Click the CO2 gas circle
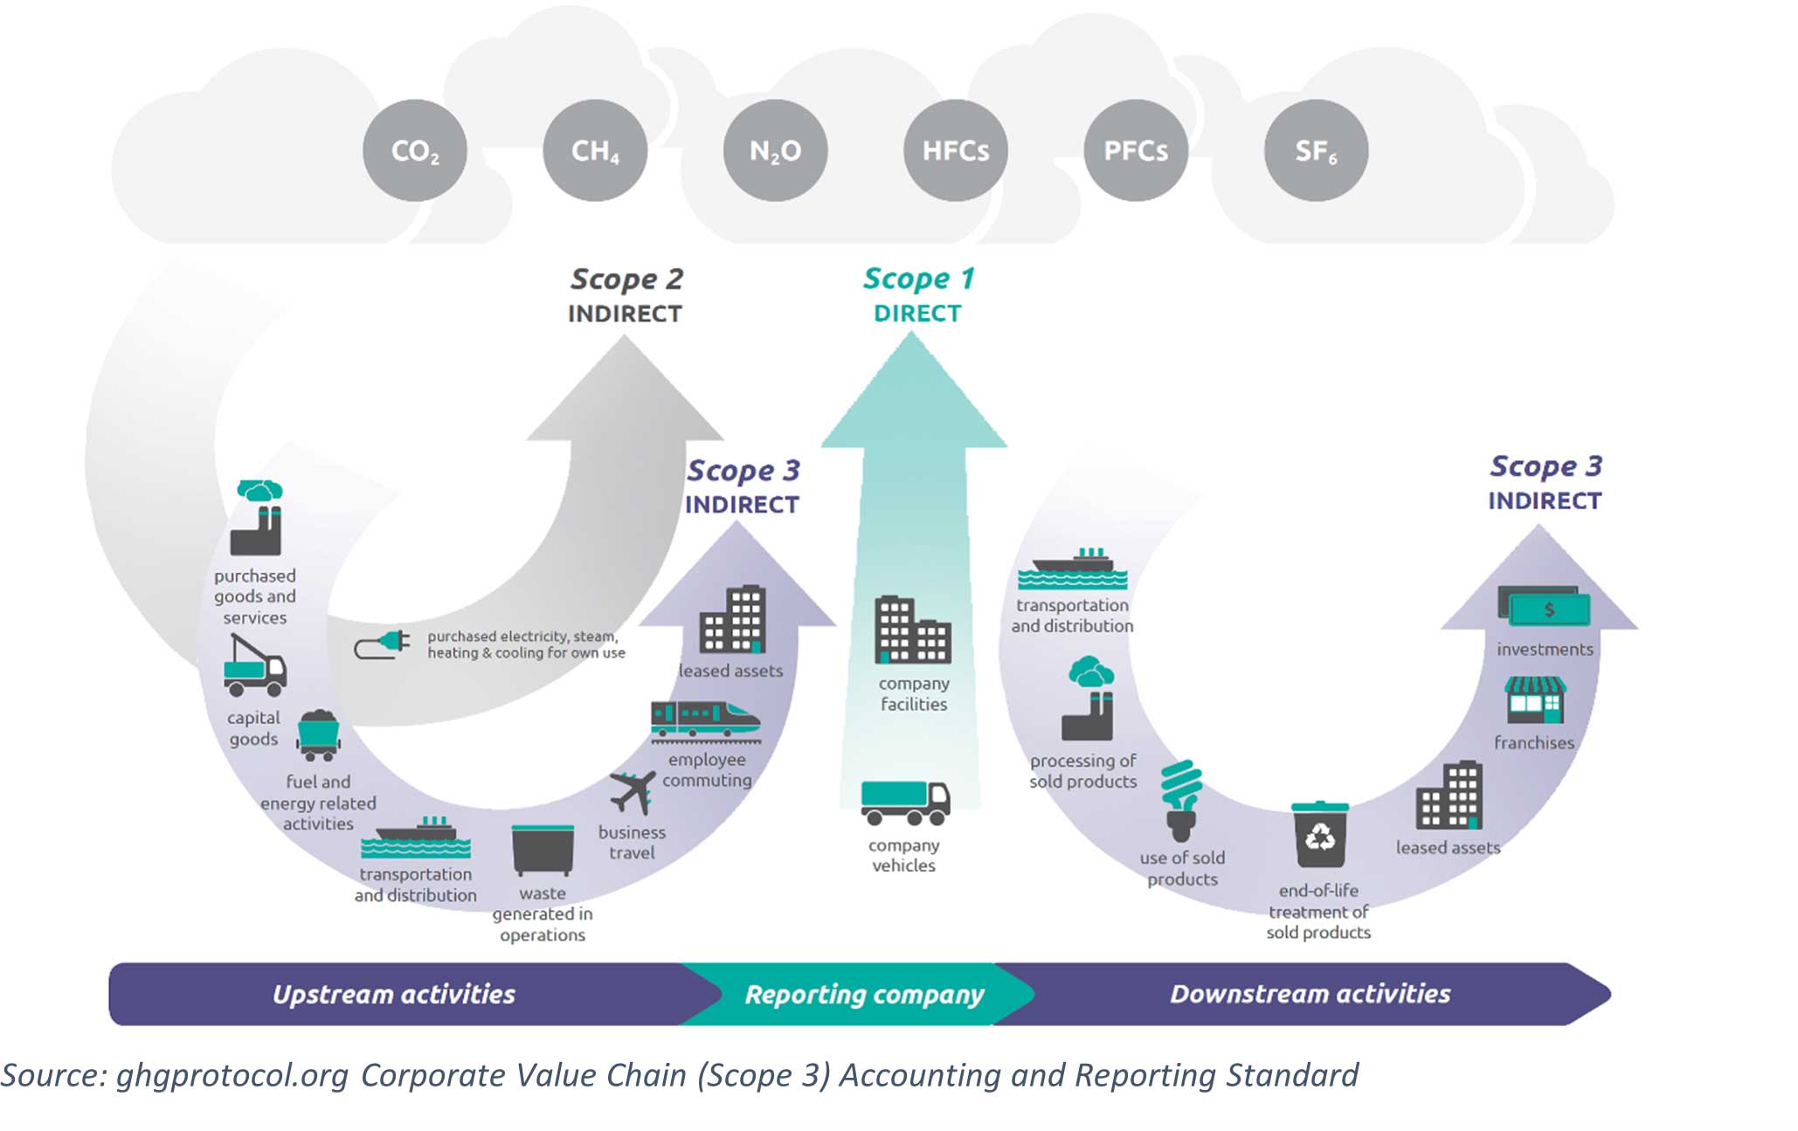415,150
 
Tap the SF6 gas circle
1316,150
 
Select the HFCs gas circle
956,150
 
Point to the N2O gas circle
775,150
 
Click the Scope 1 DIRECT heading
917,294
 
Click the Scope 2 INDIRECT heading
626,295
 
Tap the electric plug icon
383,645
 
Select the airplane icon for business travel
633,791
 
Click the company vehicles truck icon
905,802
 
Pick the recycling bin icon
1320,834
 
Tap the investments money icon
1544,606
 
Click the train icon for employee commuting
705,720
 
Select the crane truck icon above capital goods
253,666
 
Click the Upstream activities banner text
394,994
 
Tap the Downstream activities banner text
1310,994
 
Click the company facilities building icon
913,630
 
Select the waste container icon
543,849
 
